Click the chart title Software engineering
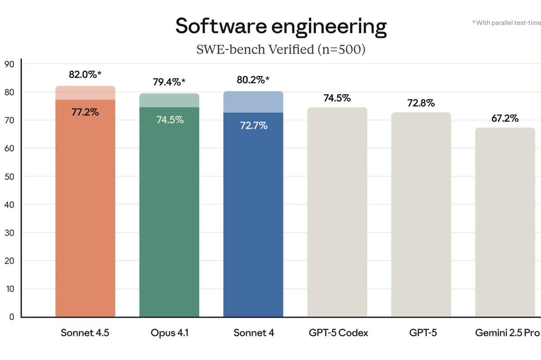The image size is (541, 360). coord(280,26)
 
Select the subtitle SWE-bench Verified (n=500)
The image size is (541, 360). coord(280,49)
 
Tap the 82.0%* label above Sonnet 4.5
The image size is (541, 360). coord(85,75)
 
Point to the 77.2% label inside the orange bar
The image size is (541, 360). coord(85,112)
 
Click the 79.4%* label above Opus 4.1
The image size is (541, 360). coord(169,82)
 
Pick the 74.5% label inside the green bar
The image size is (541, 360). coord(170,120)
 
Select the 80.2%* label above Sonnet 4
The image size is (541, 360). coord(253,80)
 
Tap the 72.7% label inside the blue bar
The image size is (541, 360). coord(253,126)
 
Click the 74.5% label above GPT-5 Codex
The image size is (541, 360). coord(337,98)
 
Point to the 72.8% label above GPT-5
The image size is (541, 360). coord(421,103)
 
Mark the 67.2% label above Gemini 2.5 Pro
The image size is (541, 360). coord(505,118)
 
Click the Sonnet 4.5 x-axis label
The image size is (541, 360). coord(85,333)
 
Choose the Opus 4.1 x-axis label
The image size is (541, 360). coord(169,333)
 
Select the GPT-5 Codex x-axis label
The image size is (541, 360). coord(338,333)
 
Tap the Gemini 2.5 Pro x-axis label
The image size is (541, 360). coord(507,333)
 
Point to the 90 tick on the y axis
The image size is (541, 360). coord(9,64)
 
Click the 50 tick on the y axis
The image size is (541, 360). coord(9,176)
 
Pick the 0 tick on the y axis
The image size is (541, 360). coord(12,317)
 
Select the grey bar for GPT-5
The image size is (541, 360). coord(421,216)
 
